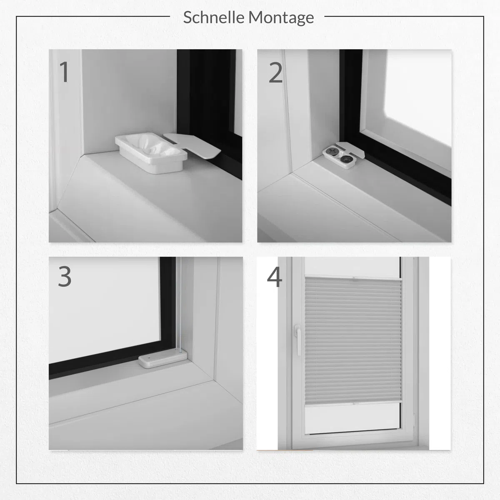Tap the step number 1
pos(64,72)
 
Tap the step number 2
pos(275,72)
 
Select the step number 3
pos(65,277)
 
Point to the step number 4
pos(275,277)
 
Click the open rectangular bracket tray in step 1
pos(151,152)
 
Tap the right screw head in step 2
pos(345,158)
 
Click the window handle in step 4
pos(297,340)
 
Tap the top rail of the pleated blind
pos(353,277)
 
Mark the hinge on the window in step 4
pos(414,420)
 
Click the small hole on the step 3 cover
pos(150,357)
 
